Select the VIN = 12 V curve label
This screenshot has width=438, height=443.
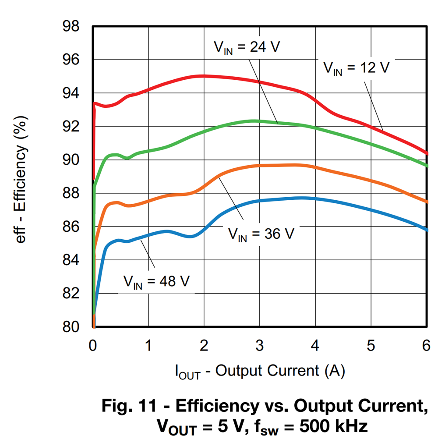[356, 68]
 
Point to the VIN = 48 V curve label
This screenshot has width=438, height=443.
[156, 281]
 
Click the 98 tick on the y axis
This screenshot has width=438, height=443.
[70, 27]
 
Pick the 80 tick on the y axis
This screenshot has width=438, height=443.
[70, 327]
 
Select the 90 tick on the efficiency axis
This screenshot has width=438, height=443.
[70, 160]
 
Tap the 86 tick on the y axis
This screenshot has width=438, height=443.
[70, 227]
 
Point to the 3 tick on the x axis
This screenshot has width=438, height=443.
[260, 345]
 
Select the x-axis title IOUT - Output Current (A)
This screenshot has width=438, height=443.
[260, 371]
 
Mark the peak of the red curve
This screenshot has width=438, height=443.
[202, 76]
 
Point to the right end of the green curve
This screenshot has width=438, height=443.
[427, 166]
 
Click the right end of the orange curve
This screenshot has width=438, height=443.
[427, 202]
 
